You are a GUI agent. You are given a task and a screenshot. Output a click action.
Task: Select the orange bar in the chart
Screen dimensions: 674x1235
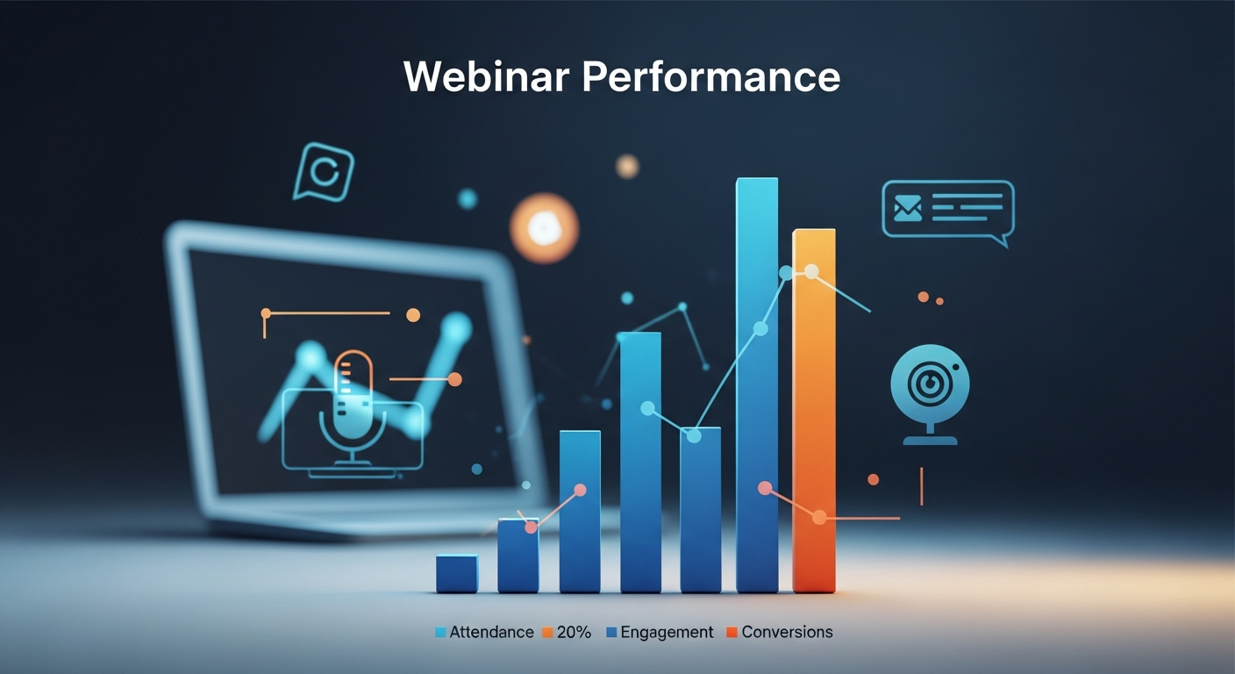(814, 412)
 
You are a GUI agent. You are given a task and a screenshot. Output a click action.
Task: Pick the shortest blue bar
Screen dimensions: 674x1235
(457, 574)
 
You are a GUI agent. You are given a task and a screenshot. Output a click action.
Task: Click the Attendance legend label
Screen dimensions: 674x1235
(491, 632)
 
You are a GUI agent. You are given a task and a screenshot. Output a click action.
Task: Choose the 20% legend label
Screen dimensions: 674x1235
(575, 632)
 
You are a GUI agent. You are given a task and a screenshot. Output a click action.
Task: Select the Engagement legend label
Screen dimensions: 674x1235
(667, 632)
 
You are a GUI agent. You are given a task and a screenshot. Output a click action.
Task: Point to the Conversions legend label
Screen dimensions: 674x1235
(787, 632)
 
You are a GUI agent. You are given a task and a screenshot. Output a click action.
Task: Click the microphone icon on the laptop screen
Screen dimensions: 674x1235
(353, 404)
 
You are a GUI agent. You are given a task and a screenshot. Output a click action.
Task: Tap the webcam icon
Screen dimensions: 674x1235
(930, 386)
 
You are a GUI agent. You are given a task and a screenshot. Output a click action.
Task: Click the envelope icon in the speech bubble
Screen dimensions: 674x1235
(907, 208)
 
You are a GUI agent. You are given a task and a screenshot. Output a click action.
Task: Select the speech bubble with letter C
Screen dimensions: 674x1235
(324, 171)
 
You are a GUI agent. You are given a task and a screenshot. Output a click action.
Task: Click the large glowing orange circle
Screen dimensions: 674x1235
(544, 228)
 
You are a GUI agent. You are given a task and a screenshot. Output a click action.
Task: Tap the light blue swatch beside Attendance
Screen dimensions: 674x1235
(441, 632)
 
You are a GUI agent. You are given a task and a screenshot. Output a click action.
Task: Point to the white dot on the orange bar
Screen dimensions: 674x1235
(811, 271)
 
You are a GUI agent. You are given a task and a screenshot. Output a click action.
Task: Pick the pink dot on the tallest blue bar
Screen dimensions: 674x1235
(765, 487)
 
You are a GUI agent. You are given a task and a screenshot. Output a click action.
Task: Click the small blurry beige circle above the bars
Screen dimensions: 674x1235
(626, 166)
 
